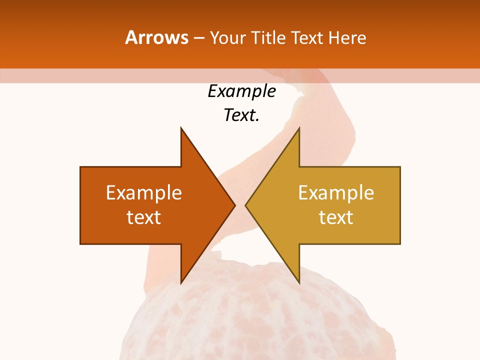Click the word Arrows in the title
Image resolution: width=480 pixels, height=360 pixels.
[x=157, y=37]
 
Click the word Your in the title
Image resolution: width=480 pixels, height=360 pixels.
[x=226, y=37]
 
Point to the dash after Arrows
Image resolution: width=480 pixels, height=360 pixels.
[x=198, y=38]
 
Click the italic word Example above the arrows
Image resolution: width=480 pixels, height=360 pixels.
[x=241, y=91]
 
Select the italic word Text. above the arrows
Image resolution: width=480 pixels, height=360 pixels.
[x=241, y=115]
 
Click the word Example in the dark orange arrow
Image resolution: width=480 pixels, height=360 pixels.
[x=144, y=192]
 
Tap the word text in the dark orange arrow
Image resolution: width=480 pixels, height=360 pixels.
[x=144, y=217]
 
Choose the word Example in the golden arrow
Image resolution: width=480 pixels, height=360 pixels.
[x=336, y=192]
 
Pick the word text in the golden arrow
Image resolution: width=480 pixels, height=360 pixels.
[x=336, y=217]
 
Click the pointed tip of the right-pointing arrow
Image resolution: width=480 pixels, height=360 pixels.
[x=234, y=205]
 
